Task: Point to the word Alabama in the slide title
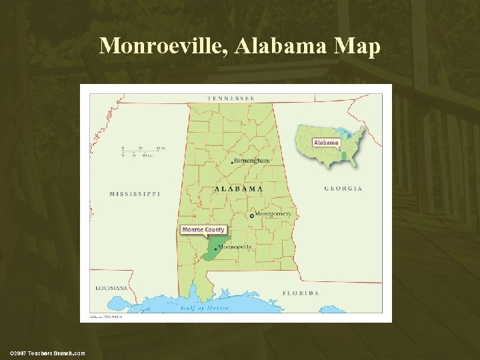(x=273, y=46)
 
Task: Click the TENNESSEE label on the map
(x=231, y=99)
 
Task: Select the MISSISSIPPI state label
(x=135, y=194)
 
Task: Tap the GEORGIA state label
(x=343, y=189)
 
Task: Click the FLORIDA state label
(x=300, y=293)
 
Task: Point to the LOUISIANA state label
(x=111, y=288)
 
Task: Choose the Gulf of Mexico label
(x=205, y=307)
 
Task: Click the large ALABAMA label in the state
(x=238, y=189)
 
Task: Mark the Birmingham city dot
(x=232, y=162)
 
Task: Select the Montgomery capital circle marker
(x=251, y=215)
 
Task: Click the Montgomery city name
(x=273, y=214)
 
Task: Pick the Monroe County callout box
(x=203, y=230)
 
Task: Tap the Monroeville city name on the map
(x=235, y=247)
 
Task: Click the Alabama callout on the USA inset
(x=326, y=143)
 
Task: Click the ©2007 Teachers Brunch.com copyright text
(x=47, y=353)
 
